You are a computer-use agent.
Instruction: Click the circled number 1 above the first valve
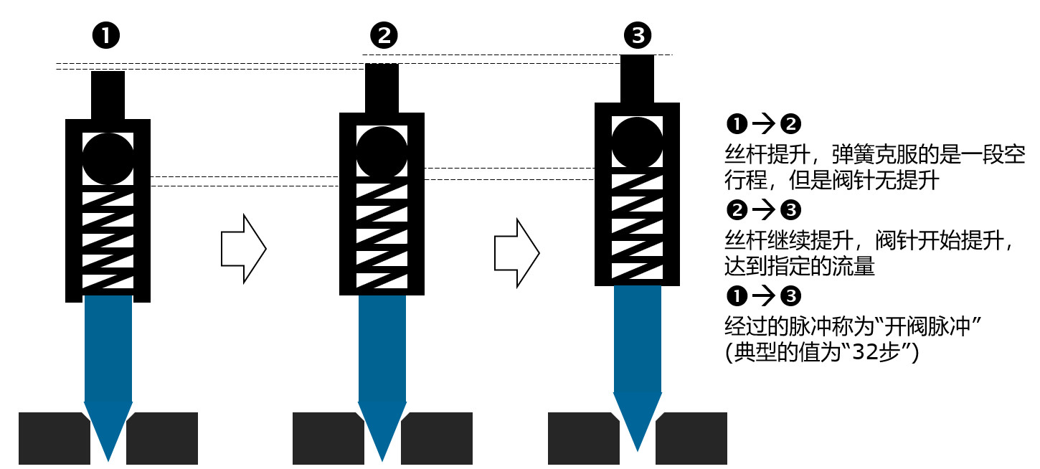click(106, 35)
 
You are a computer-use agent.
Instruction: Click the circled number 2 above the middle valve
click(384, 35)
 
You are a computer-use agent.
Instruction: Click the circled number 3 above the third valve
click(636, 35)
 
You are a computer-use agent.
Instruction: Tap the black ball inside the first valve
click(108, 158)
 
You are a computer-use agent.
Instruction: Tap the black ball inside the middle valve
click(382, 152)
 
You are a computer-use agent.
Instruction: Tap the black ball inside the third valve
click(637, 142)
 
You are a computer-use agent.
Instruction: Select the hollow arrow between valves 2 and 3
click(516, 253)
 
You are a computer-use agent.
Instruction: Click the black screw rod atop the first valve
click(108, 95)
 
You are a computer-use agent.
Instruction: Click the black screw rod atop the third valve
click(637, 79)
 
